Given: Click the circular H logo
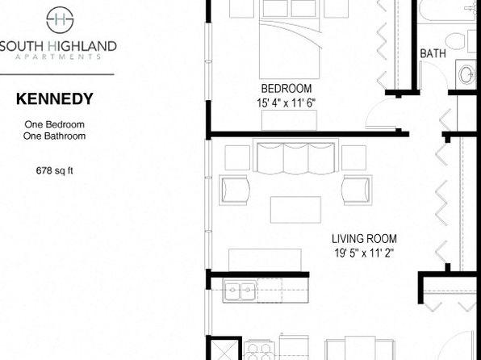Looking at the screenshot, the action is (x=60, y=19).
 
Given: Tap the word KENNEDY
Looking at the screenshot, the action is (x=55, y=98).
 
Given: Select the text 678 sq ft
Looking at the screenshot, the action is (x=54, y=170).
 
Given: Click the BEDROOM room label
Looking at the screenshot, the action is (x=287, y=89).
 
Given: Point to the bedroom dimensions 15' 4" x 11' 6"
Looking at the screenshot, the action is (x=287, y=103).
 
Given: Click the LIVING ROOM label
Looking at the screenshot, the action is (x=364, y=238).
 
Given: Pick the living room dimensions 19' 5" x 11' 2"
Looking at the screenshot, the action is (x=364, y=253).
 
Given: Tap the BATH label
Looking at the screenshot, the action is (x=433, y=53).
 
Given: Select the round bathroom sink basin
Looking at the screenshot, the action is (x=466, y=74).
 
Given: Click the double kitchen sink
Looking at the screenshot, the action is (x=240, y=290).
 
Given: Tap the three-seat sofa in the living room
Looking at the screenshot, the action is (x=295, y=157).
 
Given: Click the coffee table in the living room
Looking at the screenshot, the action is (x=295, y=210).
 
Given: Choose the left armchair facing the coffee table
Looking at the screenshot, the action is (x=234, y=190).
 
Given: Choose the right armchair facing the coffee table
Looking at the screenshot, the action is (x=358, y=190).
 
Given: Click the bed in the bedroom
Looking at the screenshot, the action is (x=289, y=39).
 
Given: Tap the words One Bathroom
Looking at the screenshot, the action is (x=54, y=136).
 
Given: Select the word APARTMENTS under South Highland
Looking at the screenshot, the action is (x=58, y=57).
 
